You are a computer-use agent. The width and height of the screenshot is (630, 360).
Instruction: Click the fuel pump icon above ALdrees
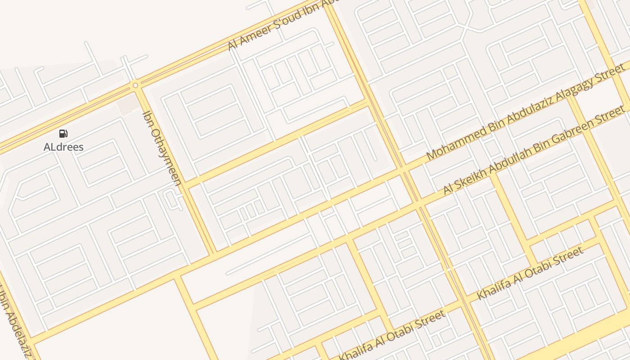[x=63, y=133]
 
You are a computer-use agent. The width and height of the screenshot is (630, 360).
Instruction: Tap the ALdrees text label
[x=63, y=147]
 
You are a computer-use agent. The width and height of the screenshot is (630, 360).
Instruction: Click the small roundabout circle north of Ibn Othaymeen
[x=135, y=85]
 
